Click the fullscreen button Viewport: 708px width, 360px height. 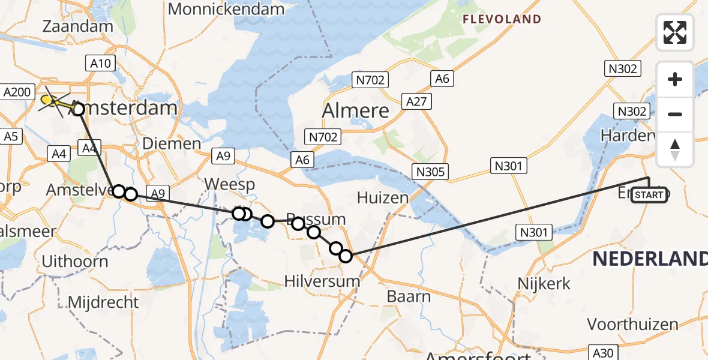675,32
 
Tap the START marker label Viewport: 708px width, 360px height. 649,195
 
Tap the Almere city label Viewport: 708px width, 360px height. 355,110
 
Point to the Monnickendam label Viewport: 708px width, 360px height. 226,9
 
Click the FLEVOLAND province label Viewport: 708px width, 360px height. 502,19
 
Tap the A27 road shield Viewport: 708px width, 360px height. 416,101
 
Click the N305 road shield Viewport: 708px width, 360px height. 430,172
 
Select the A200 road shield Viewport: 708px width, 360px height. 16,92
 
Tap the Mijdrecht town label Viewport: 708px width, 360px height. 104,302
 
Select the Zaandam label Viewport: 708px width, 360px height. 79,26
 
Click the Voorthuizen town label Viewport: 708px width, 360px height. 632,325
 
